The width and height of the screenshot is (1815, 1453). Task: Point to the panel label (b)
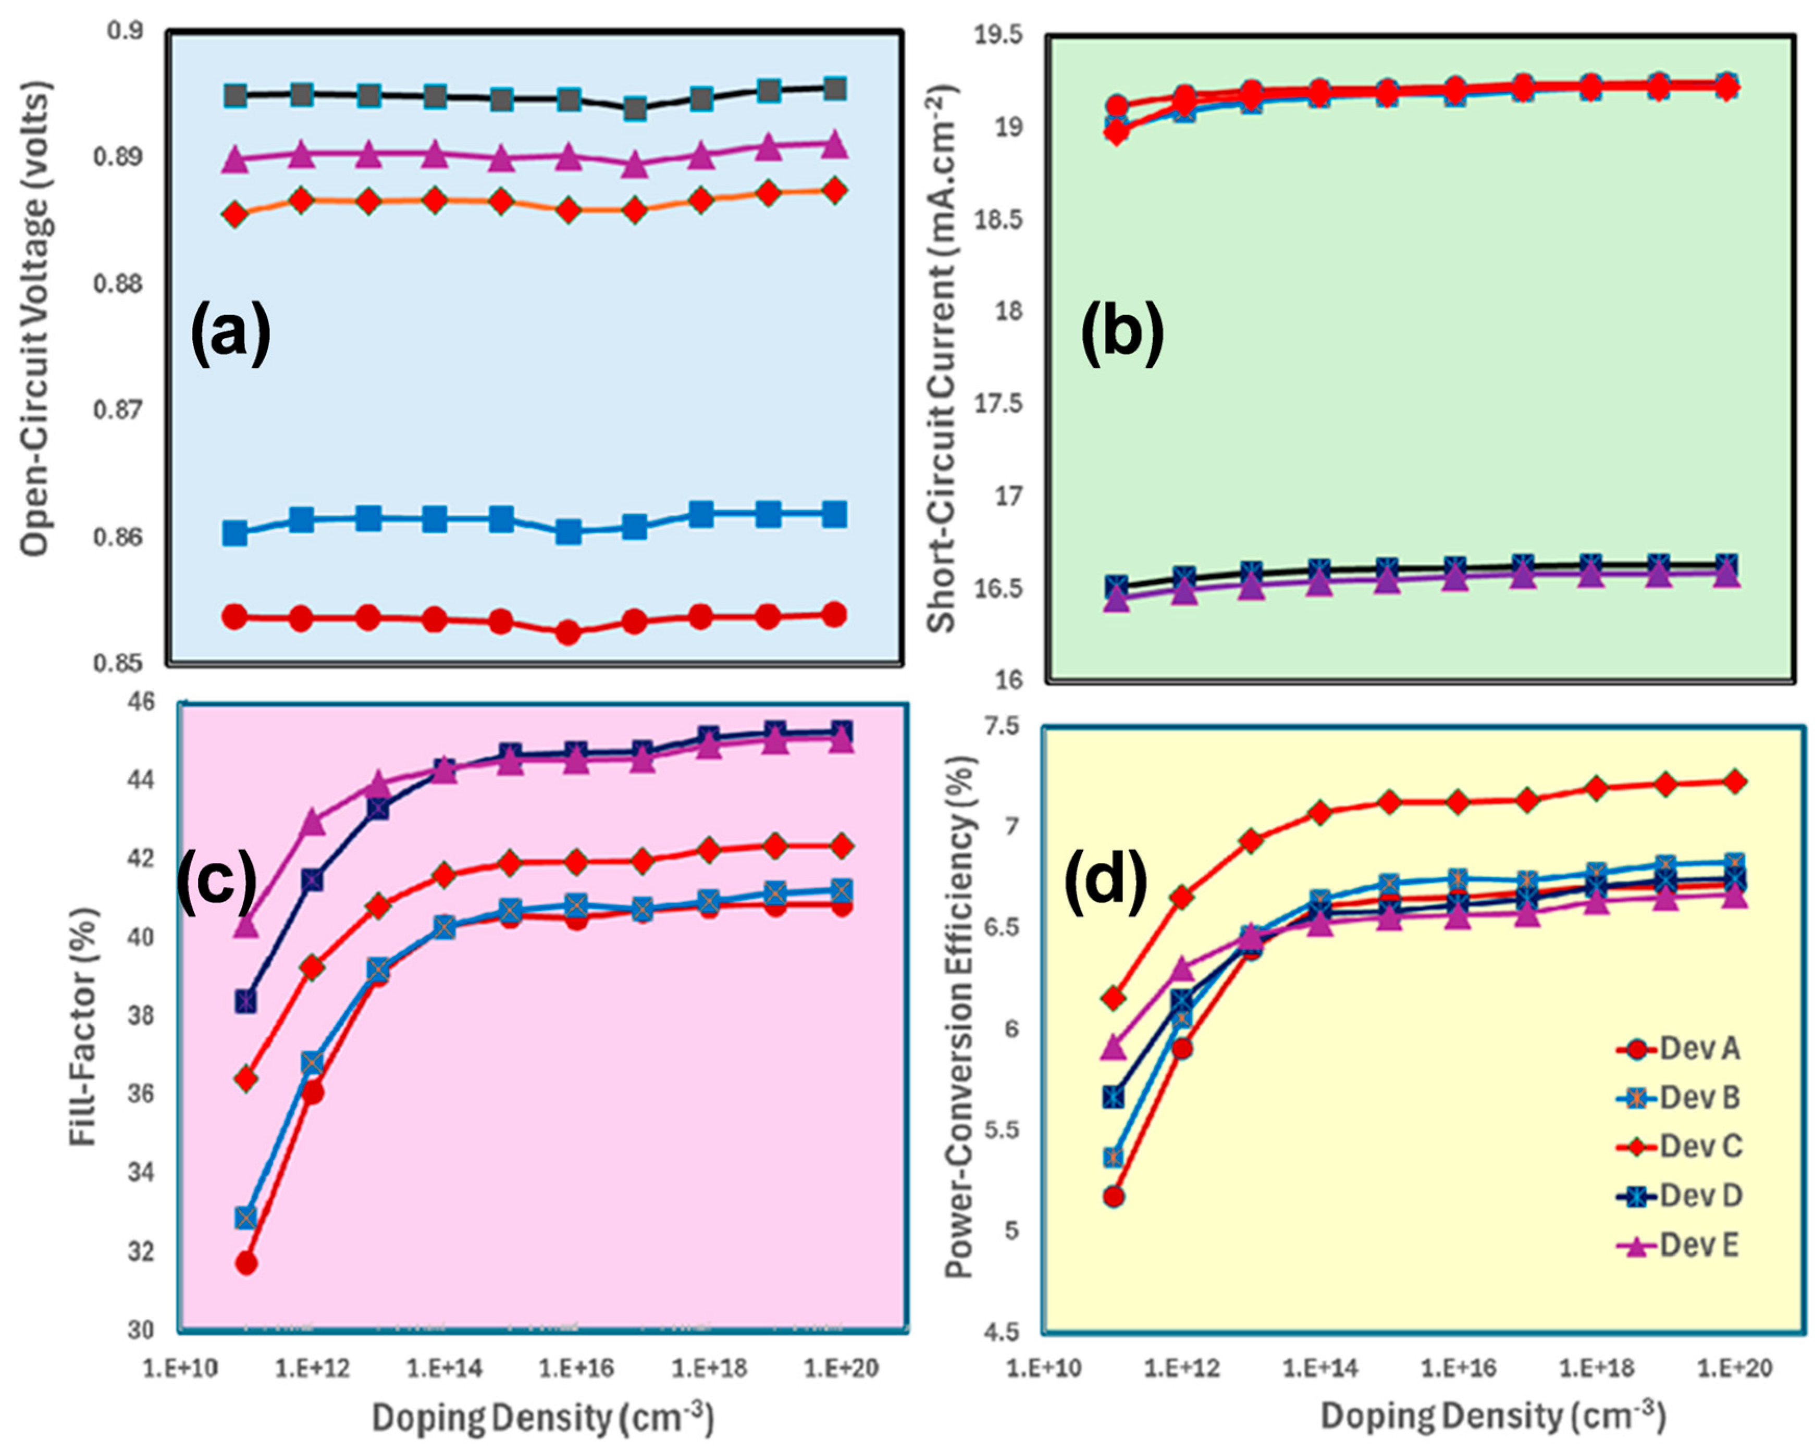(x=1121, y=334)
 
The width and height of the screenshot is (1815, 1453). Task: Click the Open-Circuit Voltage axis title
(x=35, y=318)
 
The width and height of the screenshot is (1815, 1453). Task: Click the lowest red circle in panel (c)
(x=246, y=1263)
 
